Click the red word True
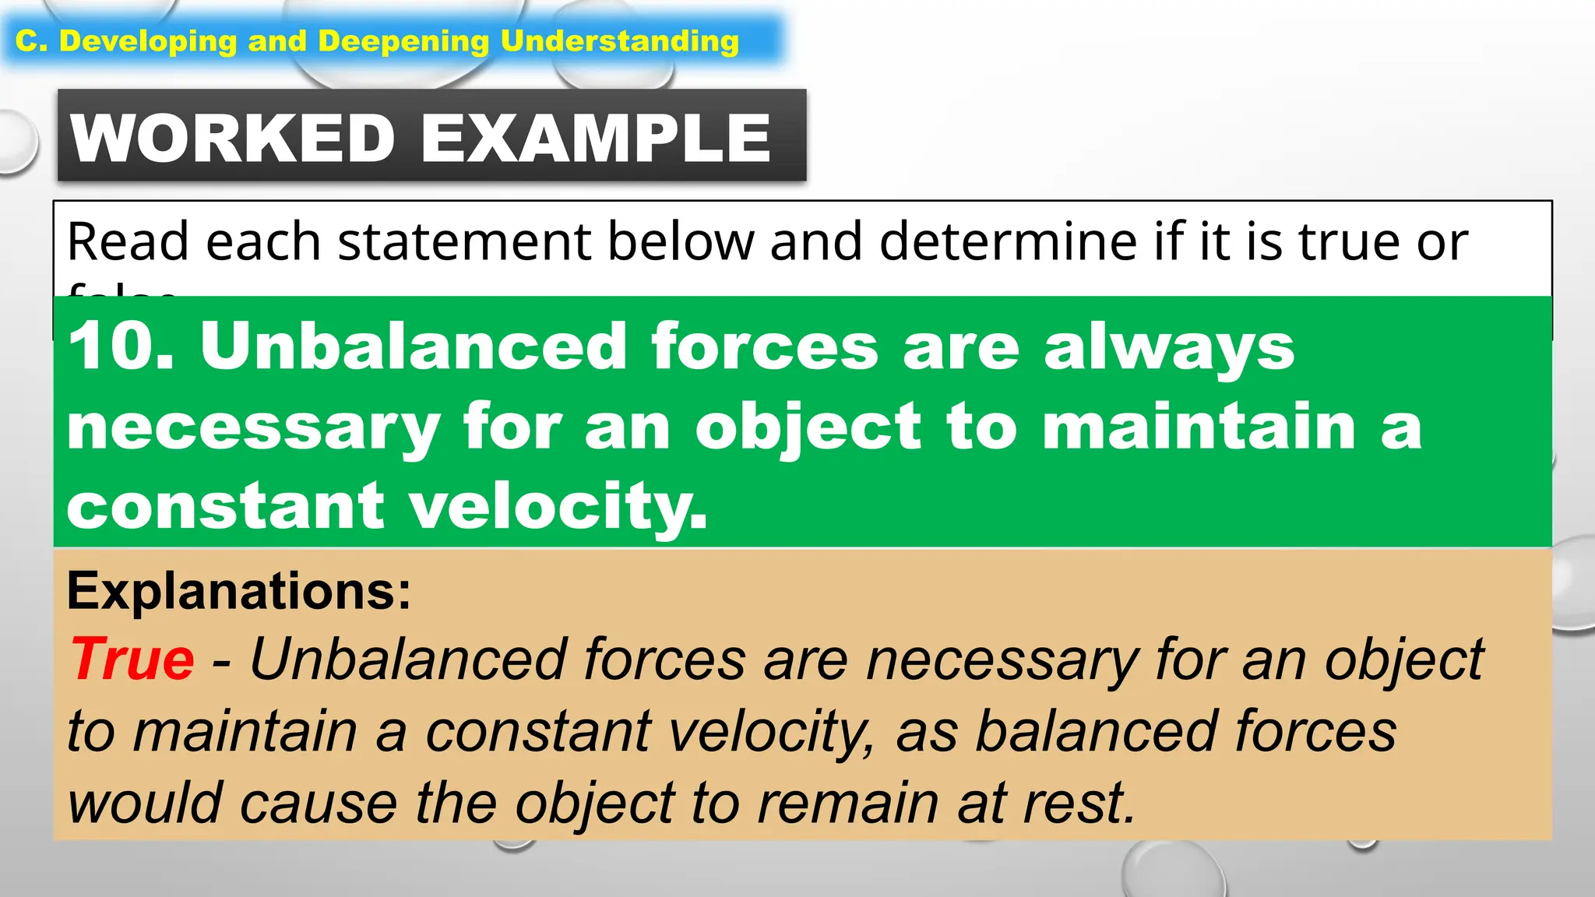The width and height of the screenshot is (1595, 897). pyautogui.click(x=132, y=660)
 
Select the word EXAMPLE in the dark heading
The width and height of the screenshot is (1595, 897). pyautogui.click(x=596, y=139)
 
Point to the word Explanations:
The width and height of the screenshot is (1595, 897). pyautogui.click(x=238, y=591)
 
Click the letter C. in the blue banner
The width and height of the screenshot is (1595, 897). pyautogui.click(x=32, y=41)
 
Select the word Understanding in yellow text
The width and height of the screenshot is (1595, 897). pyautogui.click(x=619, y=41)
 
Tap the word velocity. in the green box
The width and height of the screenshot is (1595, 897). pyautogui.click(x=558, y=506)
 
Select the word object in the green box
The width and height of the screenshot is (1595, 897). pyautogui.click(x=808, y=428)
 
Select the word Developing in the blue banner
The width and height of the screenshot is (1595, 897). pyautogui.click(x=148, y=41)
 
